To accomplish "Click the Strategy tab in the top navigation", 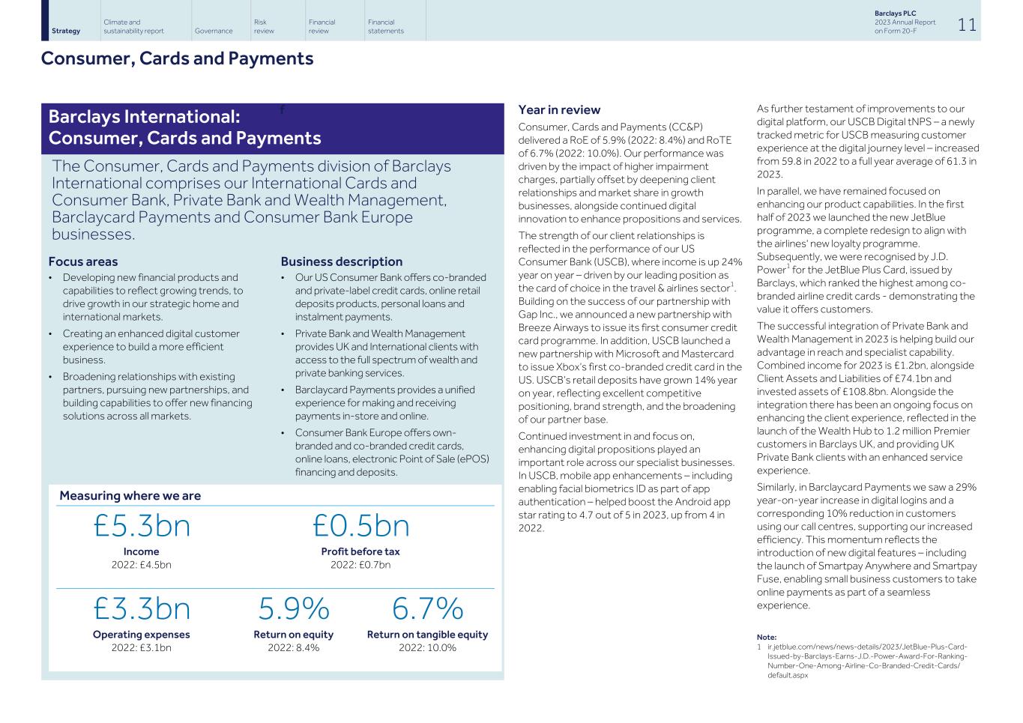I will coord(66,31).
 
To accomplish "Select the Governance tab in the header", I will coord(213,31).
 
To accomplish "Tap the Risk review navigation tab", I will coord(264,27).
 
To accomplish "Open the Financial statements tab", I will coord(385,27).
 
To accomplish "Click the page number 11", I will coord(967,25).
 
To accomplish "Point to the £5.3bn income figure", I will coord(142,526).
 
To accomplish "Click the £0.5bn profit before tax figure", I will coord(360,526).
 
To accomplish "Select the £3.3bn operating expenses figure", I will coord(142,608).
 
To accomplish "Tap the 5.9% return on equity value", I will coord(293,608).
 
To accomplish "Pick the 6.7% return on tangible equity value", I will coord(427,608).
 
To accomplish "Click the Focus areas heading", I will coord(83,261).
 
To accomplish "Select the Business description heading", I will coord(341,261).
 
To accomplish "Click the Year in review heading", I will coord(559,110).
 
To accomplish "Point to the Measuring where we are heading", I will coord(130,495).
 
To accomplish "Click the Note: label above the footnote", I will coord(766,637).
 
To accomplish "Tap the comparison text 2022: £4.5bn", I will coord(141,564).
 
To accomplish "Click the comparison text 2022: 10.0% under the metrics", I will coord(427,647).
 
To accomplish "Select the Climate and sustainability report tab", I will coord(133,27).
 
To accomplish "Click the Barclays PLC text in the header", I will coord(895,13).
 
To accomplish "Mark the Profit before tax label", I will coord(360,551).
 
